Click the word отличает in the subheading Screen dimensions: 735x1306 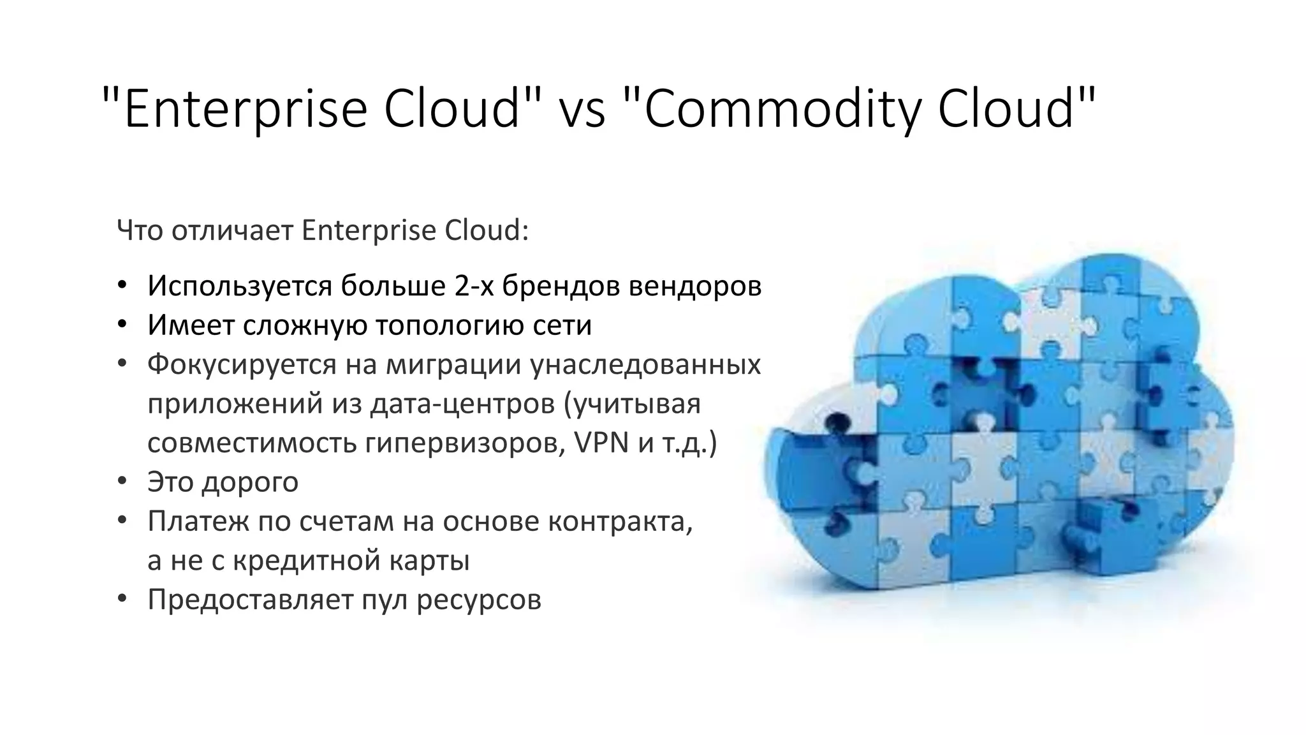(232, 230)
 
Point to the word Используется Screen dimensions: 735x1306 (239, 286)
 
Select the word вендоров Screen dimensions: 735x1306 (695, 286)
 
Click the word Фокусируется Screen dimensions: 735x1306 (242, 364)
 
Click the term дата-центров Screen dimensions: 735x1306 (462, 405)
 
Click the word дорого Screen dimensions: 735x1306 (250, 482)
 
